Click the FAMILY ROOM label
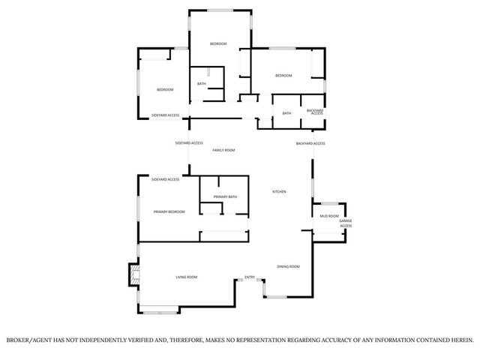click(223, 150)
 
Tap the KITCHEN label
click(278, 192)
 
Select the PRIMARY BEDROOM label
click(169, 212)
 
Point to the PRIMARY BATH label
click(225, 196)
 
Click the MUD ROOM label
click(329, 216)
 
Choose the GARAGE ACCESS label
click(346, 223)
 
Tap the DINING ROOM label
click(289, 266)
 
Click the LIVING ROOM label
click(187, 277)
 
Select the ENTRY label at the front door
click(250, 277)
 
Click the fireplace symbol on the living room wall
click(133, 274)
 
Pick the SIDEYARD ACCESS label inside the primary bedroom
click(165, 179)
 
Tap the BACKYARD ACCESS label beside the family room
click(310, 143)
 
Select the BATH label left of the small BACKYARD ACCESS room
click(286, 113)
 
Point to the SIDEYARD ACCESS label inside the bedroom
click(165, 115)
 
